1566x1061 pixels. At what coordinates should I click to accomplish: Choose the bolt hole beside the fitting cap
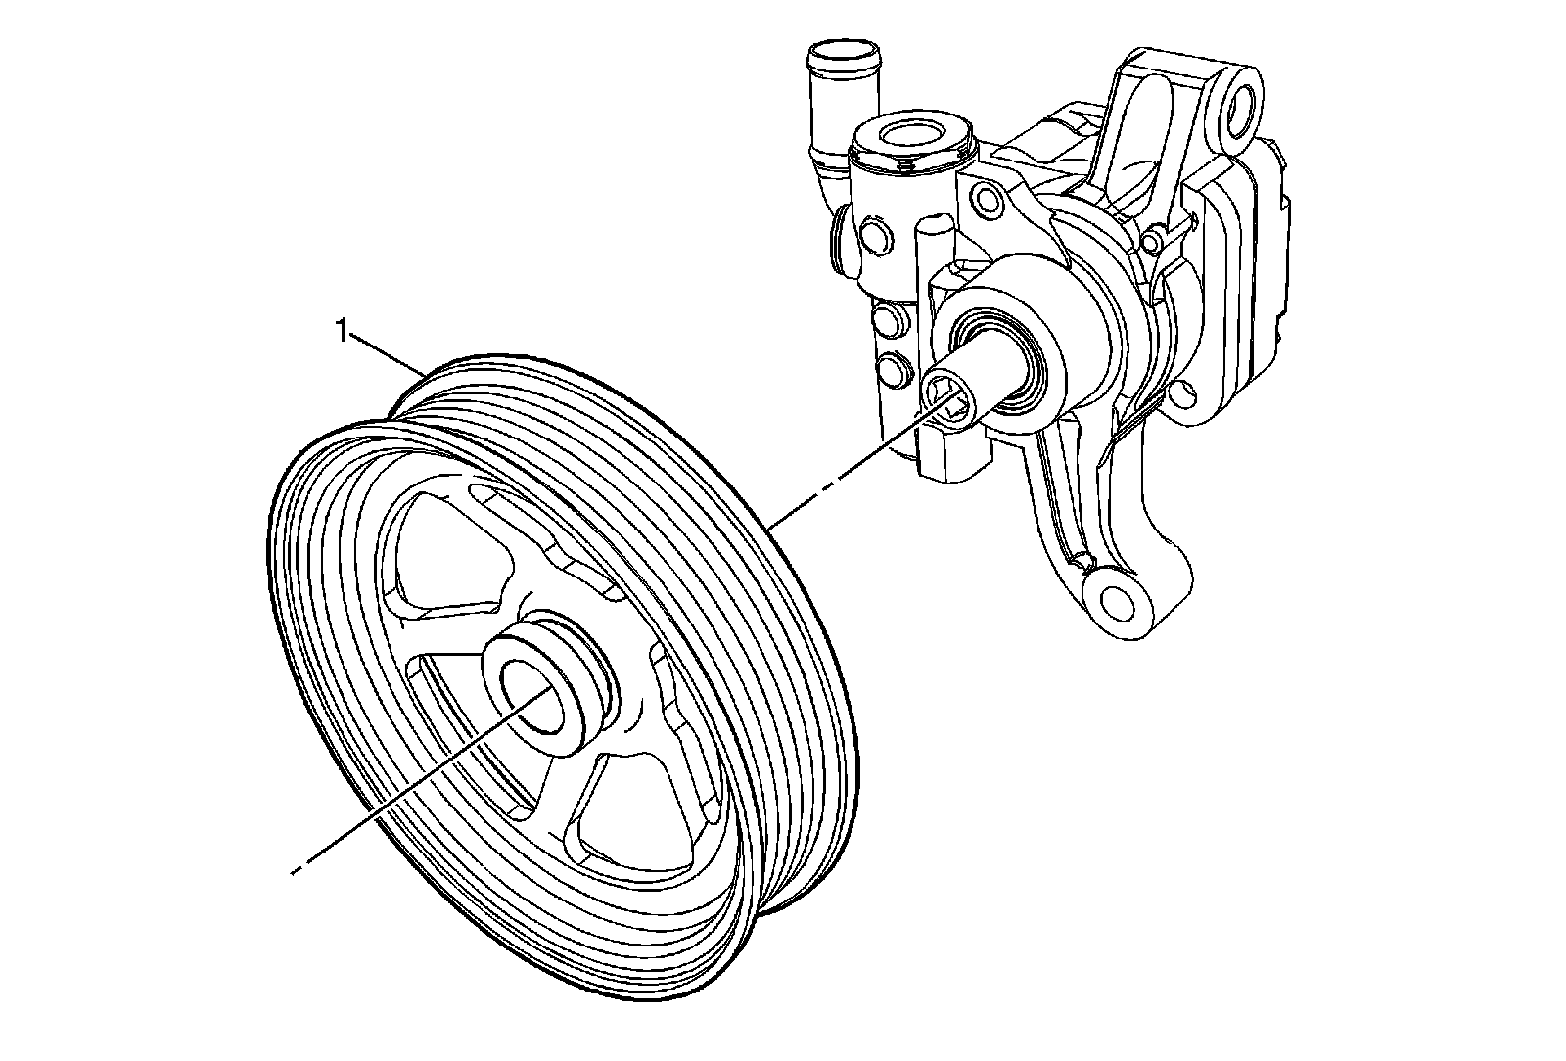coord(988,202)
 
